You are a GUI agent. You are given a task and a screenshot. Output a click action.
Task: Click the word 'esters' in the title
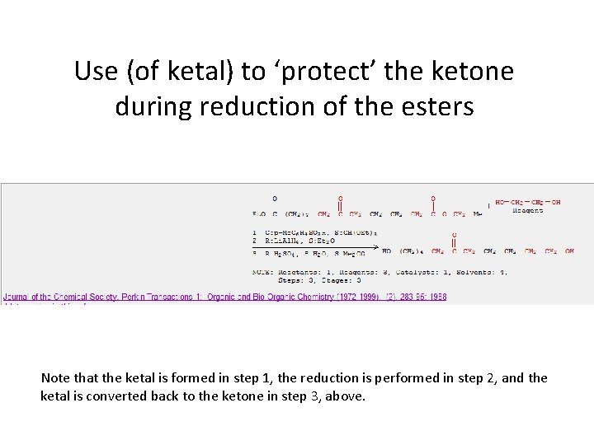[439, 106]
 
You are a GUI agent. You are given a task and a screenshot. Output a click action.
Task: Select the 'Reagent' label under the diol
[528, 210]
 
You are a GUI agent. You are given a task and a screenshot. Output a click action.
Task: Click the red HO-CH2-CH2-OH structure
[528, 202]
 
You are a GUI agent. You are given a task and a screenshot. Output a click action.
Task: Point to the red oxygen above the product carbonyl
[453, 234]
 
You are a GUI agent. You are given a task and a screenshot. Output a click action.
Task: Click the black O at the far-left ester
[275, 198]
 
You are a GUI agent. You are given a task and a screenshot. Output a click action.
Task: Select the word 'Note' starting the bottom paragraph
[55, 378]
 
